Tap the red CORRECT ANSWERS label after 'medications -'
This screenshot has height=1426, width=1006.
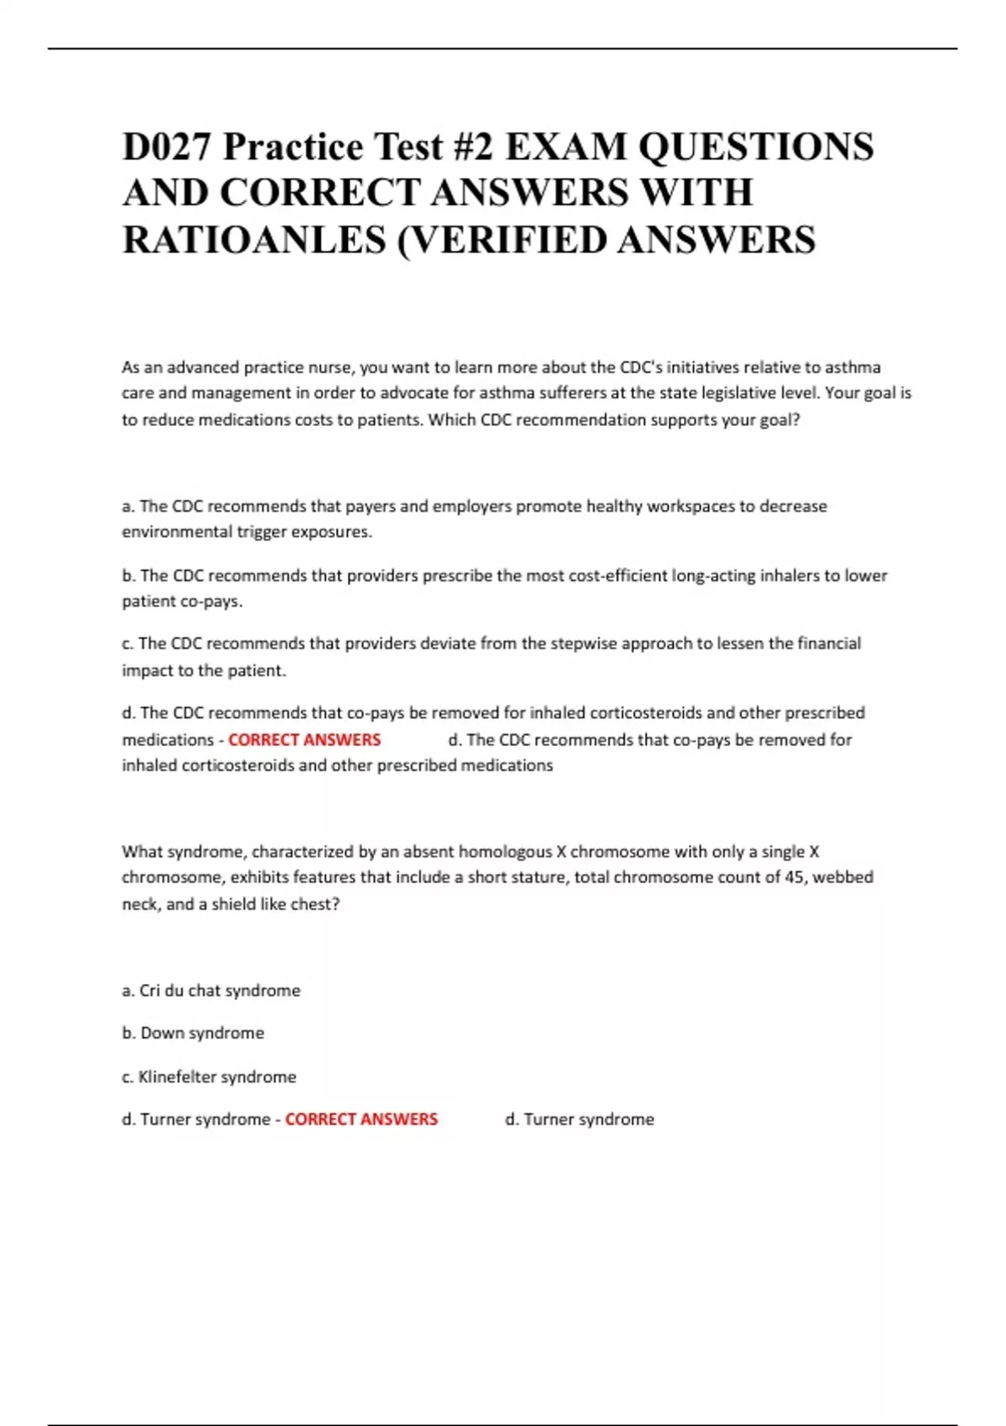304,740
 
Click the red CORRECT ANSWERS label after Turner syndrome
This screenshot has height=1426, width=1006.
361,1119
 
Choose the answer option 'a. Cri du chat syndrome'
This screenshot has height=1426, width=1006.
211,991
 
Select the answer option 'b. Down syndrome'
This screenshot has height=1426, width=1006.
193,1033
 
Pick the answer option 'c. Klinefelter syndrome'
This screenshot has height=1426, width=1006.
209,1076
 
